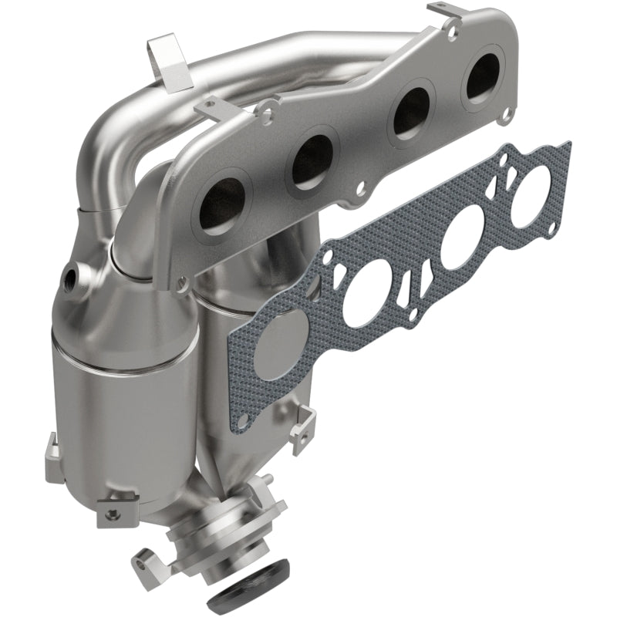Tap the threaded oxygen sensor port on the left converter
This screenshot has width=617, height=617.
(73, 275)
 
